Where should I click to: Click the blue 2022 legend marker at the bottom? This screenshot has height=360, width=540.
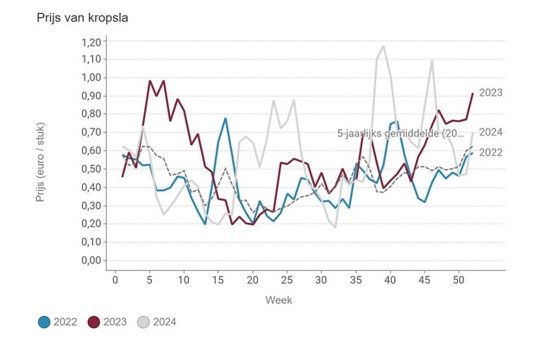tap(45, 323)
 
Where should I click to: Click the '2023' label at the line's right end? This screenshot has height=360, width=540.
tap(491, 92)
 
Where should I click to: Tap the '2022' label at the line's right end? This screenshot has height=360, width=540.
tap(491, 153)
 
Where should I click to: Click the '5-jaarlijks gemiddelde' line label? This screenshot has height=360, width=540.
tap(404, 133)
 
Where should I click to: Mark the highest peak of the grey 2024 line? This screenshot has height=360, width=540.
tap(383, 47)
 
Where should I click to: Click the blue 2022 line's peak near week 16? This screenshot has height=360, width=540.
tap(225, 118)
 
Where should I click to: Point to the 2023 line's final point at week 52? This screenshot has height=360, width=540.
tap(472, 93)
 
